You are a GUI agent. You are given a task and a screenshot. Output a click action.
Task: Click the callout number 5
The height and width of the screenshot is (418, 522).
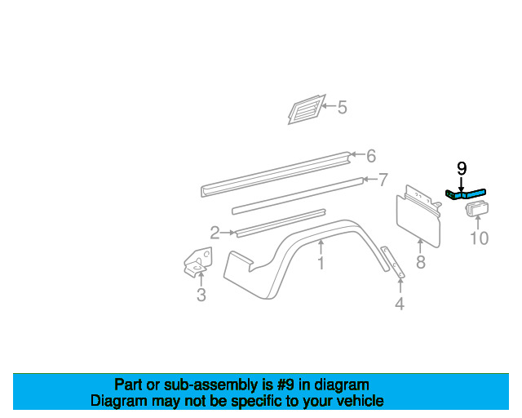(342, 107)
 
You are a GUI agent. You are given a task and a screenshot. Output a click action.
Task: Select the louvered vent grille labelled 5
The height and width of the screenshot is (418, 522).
(304, 109)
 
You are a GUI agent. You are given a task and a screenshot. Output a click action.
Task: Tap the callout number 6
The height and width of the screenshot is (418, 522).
(370, 156)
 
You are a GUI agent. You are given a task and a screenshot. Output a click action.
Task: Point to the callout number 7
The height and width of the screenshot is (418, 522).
(383, 180)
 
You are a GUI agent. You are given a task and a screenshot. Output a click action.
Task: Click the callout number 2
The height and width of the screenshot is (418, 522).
(215, 233)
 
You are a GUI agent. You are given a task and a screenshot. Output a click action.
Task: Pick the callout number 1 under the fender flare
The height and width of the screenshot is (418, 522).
(321, 264)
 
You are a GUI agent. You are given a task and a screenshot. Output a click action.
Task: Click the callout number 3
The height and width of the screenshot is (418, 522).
(201, 296)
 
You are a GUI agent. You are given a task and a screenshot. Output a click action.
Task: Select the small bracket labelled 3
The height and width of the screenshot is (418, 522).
(196, 261)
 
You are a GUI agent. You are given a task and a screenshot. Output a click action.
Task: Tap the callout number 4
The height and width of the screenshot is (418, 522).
(400, 305)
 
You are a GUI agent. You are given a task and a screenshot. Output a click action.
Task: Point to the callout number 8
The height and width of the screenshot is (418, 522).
(420, 263)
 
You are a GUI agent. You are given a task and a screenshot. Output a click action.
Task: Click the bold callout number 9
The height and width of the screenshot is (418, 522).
(462, 169)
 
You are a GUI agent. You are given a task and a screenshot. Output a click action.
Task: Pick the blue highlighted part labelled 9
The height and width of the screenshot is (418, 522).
(467, 194)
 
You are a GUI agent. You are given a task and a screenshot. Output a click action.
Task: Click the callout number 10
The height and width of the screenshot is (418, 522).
(479, 238)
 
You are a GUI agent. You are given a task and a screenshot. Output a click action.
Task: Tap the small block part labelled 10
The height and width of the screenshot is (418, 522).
(476, 211)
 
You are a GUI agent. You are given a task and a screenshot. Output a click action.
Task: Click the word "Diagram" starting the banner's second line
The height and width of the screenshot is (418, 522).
(118, 401)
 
